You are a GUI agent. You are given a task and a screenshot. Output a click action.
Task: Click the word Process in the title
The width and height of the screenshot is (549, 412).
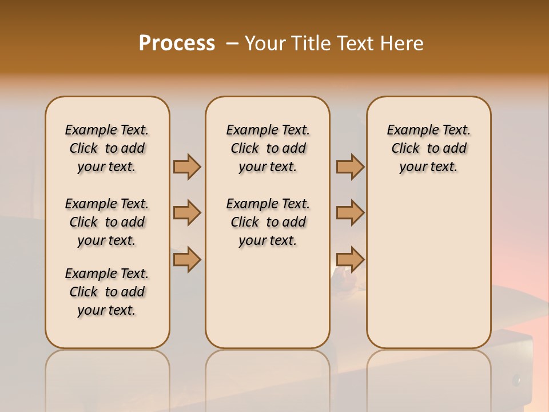(177, 43)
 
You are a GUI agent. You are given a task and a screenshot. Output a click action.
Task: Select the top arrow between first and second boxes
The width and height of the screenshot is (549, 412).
(187, 167)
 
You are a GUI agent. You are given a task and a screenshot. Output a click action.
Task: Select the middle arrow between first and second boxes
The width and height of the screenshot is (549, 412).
(187, 213)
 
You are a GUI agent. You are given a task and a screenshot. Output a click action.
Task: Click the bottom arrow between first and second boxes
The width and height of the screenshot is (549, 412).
(187, 260)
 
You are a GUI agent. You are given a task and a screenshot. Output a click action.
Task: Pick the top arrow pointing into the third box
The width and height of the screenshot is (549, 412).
(350, 167)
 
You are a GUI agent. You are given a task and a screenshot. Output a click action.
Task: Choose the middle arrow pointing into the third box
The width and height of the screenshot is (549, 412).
(350, 213)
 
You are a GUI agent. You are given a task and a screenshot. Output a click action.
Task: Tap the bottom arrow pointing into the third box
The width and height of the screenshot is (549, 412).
(350, 260)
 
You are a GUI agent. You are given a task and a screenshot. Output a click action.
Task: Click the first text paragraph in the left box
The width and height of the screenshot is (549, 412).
(107, 148)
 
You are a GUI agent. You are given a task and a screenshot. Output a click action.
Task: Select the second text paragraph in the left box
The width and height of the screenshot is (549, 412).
(107, 222)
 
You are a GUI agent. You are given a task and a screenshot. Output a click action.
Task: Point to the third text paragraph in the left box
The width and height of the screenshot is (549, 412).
(107, 292)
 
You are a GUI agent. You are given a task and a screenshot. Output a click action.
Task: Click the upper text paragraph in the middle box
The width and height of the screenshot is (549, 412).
(268, 148)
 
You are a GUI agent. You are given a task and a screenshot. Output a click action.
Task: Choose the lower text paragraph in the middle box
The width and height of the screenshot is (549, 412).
(268, 222)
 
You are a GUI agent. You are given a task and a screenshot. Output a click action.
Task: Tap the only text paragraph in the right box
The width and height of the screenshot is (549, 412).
(428, 148)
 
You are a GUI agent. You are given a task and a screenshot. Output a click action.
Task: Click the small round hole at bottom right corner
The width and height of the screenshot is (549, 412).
(517, 379)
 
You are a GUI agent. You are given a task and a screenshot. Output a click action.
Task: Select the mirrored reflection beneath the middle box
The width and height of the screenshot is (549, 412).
(268, 378)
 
